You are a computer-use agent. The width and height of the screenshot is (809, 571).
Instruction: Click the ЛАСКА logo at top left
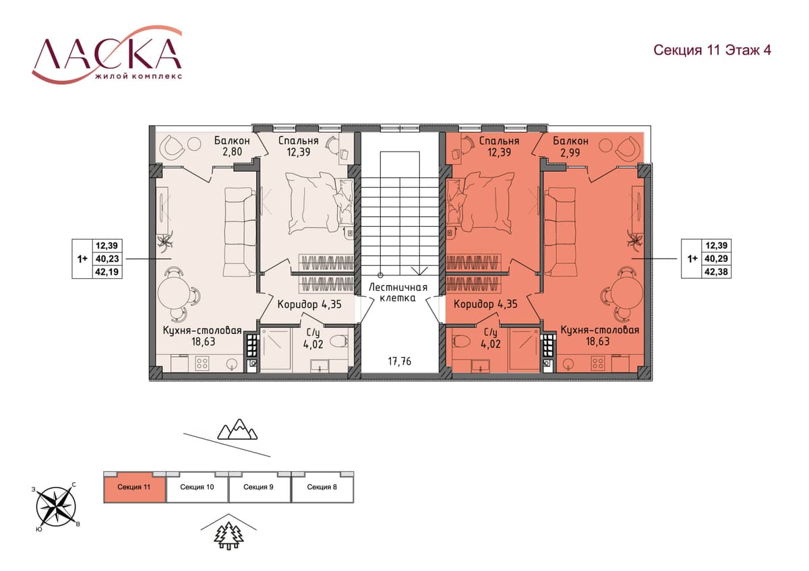click(107, 54)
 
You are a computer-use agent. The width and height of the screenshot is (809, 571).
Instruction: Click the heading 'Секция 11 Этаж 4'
click(712, 50)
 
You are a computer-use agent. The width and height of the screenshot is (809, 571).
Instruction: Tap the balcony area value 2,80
click(232, 152)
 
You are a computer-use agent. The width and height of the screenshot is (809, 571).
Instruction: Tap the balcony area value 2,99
click(570, 153)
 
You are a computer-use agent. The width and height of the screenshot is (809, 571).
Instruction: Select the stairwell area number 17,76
click(399, 361)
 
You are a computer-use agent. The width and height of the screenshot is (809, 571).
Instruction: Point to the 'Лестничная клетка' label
click(398, 292)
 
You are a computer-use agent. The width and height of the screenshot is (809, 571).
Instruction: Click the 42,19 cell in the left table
click(107, 271)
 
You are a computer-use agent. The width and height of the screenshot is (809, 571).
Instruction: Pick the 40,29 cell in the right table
click(716, 259)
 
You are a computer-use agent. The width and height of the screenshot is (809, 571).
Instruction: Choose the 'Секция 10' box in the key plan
click(197, 487)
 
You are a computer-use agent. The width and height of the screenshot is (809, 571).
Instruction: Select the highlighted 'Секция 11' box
click(134, 487)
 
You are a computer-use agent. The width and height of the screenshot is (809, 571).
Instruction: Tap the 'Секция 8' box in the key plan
click(322, 487)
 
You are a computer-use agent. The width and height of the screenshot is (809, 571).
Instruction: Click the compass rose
click(56, 506)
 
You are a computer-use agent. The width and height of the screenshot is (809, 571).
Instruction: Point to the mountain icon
click(237, 429)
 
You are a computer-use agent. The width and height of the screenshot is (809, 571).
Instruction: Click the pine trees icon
click(229, 536)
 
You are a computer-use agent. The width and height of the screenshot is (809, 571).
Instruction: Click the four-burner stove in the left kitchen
click(202, 363)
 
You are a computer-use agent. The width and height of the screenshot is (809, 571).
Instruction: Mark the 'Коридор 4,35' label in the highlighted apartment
click(485, 304)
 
